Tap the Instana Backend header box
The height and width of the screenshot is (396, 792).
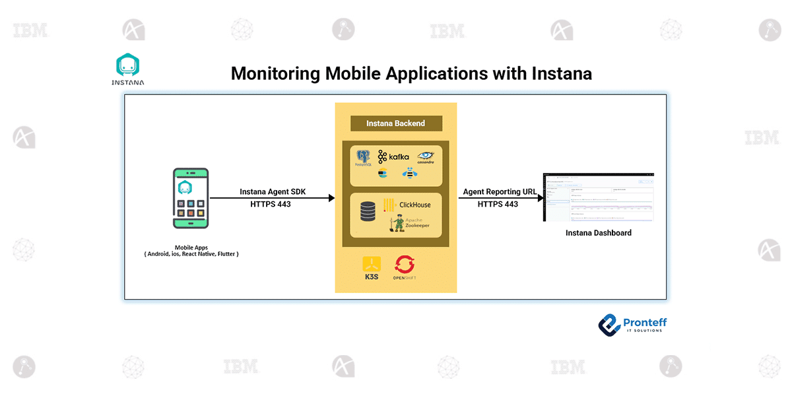[x=395, y=123]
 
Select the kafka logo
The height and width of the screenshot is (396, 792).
[x=394, y=157]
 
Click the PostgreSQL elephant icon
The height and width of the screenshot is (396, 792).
[x=363, y=158]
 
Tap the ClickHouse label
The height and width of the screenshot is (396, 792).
[x=414, y=205]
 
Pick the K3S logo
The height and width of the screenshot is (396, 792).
[x=372, y=268]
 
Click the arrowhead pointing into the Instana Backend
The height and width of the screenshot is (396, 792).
[x=331, y=198]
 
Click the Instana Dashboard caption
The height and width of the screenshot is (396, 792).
[x=598, y=233]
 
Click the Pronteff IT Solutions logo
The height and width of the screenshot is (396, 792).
[x=632, y=324]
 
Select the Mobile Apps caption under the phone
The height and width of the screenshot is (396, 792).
[x=191, y=250]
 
